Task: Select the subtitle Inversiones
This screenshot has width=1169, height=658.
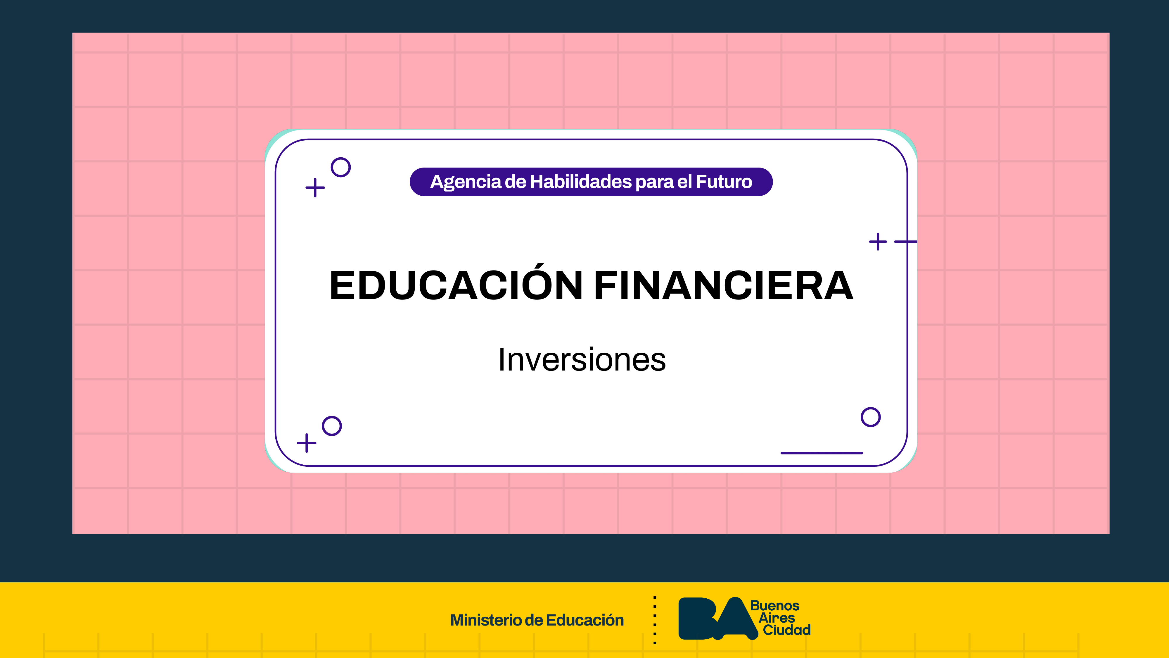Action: pos(582,359)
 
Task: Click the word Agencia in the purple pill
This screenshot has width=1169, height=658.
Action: pos(466,182)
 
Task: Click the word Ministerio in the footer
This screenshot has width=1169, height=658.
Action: pos(485,620)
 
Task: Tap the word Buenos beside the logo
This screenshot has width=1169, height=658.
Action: pos(775,606)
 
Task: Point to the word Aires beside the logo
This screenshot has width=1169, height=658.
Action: pos(777,618)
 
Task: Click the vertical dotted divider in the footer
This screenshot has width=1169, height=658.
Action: pos(655,620)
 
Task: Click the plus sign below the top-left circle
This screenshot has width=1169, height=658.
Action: pos(315,187)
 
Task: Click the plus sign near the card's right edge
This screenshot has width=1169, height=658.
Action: pos(878,242)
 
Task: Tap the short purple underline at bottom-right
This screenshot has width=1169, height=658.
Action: pos(822,453)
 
